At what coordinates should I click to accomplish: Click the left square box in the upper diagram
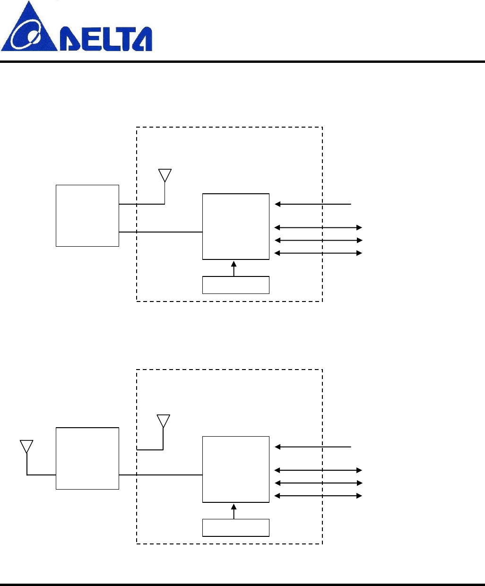pyautogui.click(x=87, y=215)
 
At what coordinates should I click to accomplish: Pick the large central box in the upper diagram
pyautogui.click(x=236, y=226)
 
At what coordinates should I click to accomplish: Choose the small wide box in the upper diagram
pyautogui.click(x=236, y=285)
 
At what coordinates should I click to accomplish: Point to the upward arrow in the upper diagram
pyautogui.click(x=234, y=268)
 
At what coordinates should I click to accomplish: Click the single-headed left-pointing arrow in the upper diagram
pyautogui.click(x=313, y=204)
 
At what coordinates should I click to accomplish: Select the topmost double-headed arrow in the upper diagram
pyautogui.click(x=318, y=228)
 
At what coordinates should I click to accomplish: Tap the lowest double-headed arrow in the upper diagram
pyautogui.click(x=318, y=253)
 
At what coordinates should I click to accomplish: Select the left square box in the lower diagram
pyautogui.click(x=87, y=458)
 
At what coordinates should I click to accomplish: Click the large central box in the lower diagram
pyautogui.click(x=236, y=469)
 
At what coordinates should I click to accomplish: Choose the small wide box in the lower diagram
pyautogui.click(x=236, y=528)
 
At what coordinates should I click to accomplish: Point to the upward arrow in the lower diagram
pyautogui.click(x=234, y=511)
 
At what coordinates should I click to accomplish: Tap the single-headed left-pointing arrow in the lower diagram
pyautogui.click(x=313, y=447)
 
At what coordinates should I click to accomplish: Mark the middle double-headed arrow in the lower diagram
pyautogui.click(x=318, y=483)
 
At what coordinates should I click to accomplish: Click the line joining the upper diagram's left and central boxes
pyautogui.click(x=161, y=232)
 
